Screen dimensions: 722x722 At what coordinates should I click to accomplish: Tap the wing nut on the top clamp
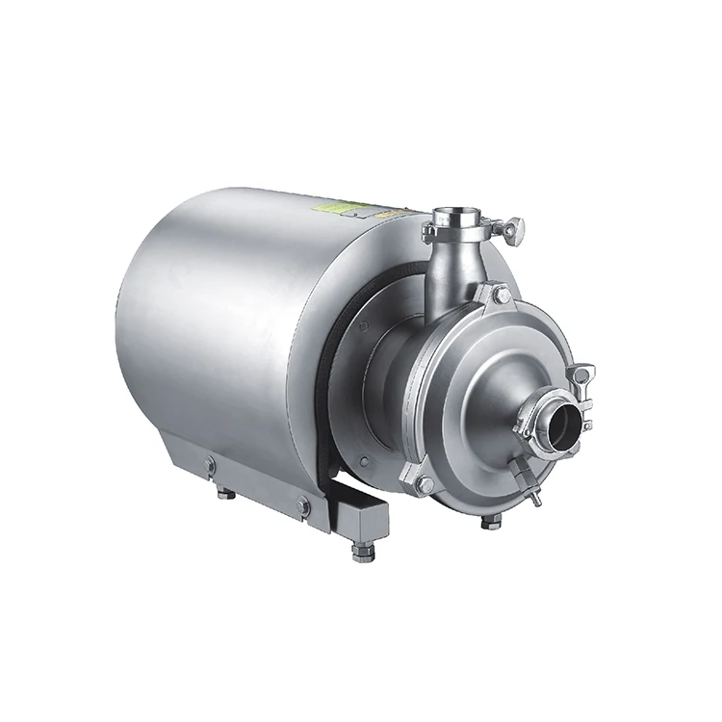click(518, 228)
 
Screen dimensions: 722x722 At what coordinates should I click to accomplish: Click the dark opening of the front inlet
click(568, 417)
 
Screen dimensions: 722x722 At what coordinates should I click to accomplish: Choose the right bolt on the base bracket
click(304, 503)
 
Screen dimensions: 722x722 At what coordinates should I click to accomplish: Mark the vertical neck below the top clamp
click(446, 270)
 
